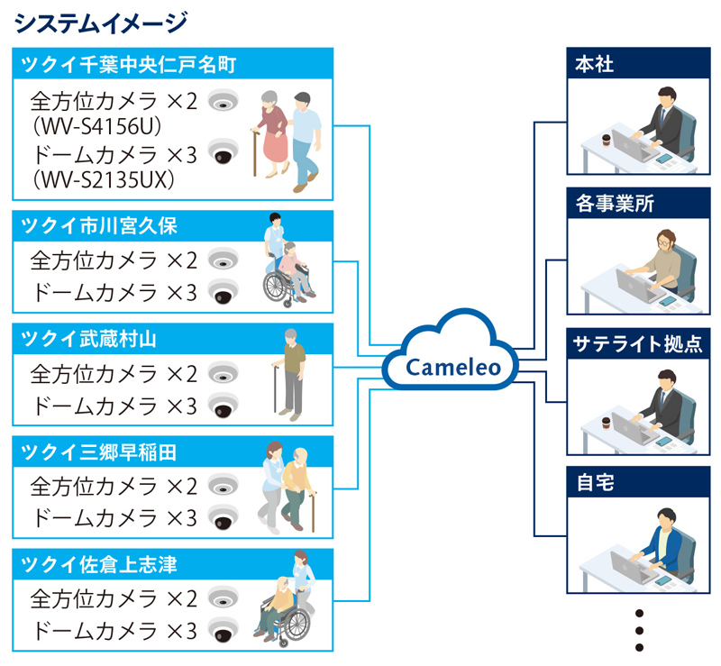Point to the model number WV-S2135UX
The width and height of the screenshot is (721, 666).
pyautogui.click(x=113, y=180)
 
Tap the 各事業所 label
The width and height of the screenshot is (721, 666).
pyautogui.click(x=614, y=204)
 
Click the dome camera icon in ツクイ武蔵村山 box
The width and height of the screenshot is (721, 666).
pyautogui.click(x=222, y=405)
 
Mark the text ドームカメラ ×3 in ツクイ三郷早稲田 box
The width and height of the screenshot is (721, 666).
pyautogui.click(x=114, y=517)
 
